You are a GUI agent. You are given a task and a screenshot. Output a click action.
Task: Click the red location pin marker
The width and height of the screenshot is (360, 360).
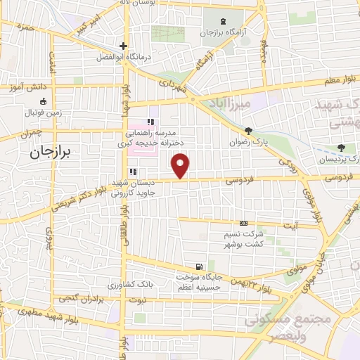tap(181, 166)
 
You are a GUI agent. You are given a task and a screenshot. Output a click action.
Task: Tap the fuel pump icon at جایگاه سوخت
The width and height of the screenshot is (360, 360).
tap(200, 266)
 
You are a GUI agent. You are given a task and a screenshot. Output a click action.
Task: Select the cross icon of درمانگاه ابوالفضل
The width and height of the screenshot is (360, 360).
tap(123, 46)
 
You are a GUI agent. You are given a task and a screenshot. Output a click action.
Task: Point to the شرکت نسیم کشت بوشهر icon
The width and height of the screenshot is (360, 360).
tap(243, 223)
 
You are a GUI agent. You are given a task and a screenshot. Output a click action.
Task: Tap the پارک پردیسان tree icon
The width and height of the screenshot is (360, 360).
tap(342, 148)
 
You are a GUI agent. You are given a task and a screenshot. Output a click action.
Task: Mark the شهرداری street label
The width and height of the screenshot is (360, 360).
tap(172, 88)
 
